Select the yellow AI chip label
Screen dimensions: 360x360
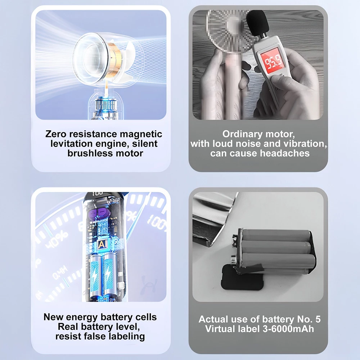point(102,245)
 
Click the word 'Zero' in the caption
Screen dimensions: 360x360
point(55,134)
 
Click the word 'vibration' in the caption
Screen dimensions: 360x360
point(305,144)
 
